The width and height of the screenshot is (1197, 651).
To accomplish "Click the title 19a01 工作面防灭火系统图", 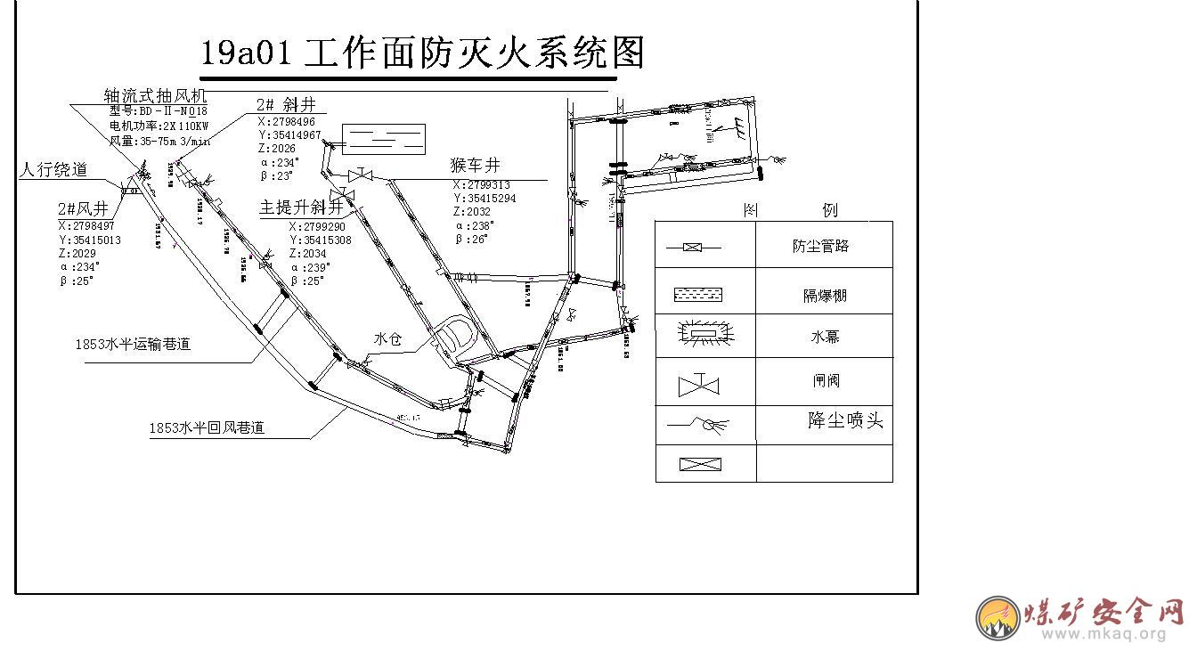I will (421, 53).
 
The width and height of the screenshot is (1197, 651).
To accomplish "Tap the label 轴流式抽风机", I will (155, 95).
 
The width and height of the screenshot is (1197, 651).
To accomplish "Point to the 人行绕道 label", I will (53, 169).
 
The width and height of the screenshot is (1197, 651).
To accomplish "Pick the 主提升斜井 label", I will (301, 208).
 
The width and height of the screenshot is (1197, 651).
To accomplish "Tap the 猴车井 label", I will (476, 165).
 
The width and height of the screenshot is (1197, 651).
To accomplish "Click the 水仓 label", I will (388, 338).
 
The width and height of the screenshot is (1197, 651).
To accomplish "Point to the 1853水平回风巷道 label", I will (207, 427).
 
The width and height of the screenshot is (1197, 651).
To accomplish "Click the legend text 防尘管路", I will (820, 246).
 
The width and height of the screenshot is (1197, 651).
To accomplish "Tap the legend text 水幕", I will (825, 338).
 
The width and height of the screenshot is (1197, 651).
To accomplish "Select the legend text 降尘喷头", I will (845, 420).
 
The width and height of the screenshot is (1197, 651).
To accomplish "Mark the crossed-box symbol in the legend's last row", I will (700, 464).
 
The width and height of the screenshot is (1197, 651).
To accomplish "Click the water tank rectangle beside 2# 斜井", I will (384, 138).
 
